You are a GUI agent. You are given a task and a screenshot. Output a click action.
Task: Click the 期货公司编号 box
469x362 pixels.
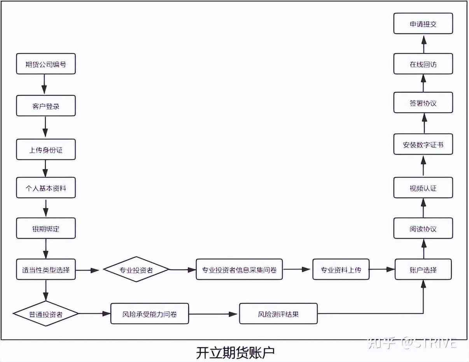pos(45,64)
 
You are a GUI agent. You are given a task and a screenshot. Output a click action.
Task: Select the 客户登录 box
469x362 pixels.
pos(45,106)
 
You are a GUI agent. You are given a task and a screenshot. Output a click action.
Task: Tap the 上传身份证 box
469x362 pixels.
pos(45,150)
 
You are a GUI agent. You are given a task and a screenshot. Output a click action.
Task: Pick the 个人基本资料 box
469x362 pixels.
pos(45,188)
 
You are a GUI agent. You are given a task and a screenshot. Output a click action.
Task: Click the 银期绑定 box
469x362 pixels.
pos(45,228)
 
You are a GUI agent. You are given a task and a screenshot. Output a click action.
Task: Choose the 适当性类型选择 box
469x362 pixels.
pos(45,269)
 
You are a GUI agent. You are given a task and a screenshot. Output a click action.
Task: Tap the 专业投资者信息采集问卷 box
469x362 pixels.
pos(239,269)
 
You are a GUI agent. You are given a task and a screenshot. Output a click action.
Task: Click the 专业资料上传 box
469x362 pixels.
pos(341,269)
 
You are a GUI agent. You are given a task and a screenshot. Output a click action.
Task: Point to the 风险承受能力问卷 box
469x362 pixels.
pos(150,314)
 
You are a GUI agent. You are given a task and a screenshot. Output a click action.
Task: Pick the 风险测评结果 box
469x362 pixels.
pos(278,314)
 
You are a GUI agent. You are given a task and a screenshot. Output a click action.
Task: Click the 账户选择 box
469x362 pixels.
pos(423,269)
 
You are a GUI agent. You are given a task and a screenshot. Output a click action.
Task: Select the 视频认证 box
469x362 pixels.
pos(423,188)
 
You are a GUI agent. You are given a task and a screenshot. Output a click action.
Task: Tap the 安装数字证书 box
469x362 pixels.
pos(423,145)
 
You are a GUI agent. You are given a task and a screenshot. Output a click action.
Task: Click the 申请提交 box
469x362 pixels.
pos(423,24)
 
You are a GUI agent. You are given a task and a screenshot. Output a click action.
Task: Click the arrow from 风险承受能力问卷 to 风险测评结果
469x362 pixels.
pos(213,314)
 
